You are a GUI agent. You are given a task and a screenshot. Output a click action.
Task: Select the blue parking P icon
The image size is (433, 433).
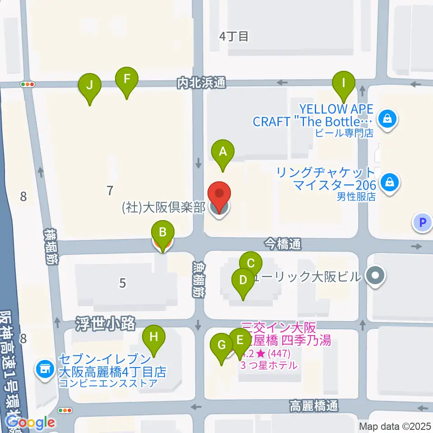tap(422, 222)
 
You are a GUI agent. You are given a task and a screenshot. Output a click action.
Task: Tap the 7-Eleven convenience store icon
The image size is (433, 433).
tap(45, 369)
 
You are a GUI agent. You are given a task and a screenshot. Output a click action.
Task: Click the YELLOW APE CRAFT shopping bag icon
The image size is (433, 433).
tap(387, 120)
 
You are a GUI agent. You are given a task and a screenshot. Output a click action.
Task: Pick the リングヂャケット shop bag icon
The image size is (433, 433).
tap(388, 183)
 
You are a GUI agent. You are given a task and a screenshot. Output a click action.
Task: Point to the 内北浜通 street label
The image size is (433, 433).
tap(201, 83)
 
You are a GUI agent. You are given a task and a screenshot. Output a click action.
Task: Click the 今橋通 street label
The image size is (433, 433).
tap(282, 244)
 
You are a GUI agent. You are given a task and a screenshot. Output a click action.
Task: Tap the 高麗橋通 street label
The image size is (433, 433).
tap(313, 406)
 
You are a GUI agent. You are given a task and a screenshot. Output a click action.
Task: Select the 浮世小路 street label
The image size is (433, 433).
tap(106, 323)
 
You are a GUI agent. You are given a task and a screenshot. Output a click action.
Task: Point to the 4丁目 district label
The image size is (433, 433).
tap(234, 37)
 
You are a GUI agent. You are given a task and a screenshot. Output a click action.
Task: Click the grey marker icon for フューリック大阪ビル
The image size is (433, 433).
tap(375, 275)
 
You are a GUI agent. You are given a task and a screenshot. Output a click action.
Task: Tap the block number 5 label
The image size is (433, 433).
tap(122, 283)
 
